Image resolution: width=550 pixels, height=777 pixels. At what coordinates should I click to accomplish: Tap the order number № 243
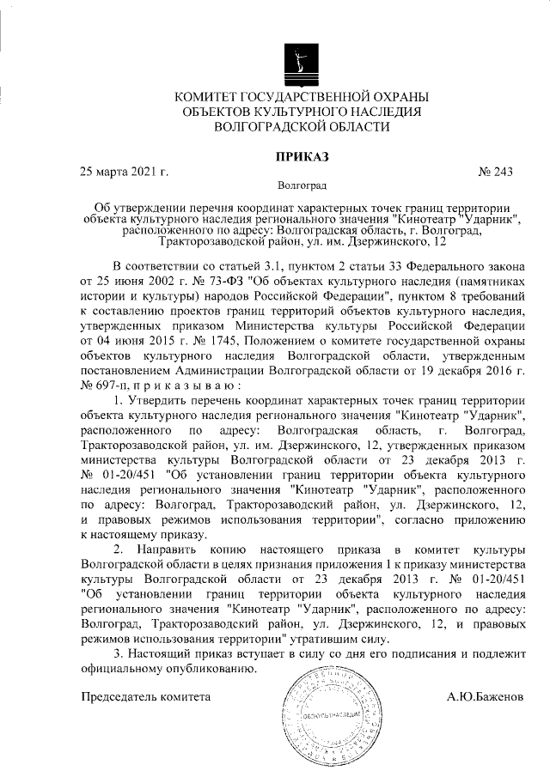point(494,170)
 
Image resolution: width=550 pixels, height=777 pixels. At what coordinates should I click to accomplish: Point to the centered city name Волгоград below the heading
point(302,185)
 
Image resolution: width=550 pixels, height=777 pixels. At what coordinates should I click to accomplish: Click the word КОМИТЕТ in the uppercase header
point(209,95)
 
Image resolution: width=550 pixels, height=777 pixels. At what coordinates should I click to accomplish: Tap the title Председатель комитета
point(145,696)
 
